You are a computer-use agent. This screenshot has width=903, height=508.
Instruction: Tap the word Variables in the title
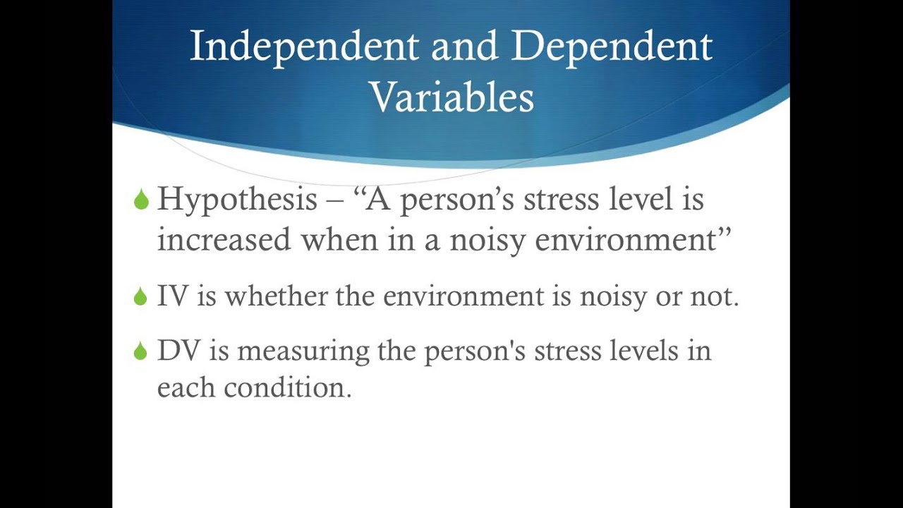click(x=451, y=97)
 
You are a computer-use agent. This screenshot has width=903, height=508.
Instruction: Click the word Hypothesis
click(x=237, y=200)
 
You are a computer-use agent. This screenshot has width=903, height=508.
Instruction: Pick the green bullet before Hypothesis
click(x=141, y=200)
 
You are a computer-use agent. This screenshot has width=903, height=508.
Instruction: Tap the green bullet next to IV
click(x=141, y=297)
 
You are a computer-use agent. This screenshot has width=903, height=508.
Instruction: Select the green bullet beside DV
click(x=141, y=351)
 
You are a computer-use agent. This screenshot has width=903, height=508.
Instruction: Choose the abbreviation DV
click(x=179, y=351)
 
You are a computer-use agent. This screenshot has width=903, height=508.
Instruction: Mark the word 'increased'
click(x=224, y=241)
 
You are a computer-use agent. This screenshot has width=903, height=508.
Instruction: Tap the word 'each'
click(x=186, y=388)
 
